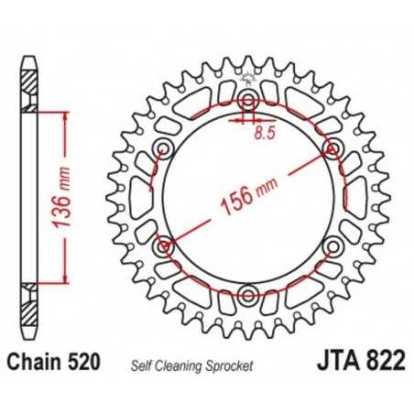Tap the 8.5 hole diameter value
coord(264,132)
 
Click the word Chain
coord(42,363)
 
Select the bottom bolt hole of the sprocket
coord(248,294)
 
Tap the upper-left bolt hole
coord(165,148)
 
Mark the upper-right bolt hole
coord(332,148)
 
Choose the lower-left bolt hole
coord(165,245)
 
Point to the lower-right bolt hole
coord(332,245)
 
